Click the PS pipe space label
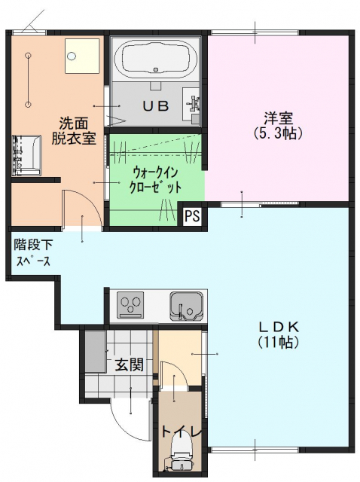[192, 215]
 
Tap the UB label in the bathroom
[156, 106]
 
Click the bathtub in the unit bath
[155, 59]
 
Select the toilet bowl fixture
[182, 453]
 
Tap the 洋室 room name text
[278, 118]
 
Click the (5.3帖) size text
[278, 133]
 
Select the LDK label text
[278, 327]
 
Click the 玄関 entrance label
[130, 365]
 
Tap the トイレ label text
[182, 431]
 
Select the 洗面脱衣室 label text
[74, 130]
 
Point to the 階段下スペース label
[32, 253]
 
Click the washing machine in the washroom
[27, 156]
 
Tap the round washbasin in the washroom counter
[72, 56]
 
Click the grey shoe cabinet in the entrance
[95, 351]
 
